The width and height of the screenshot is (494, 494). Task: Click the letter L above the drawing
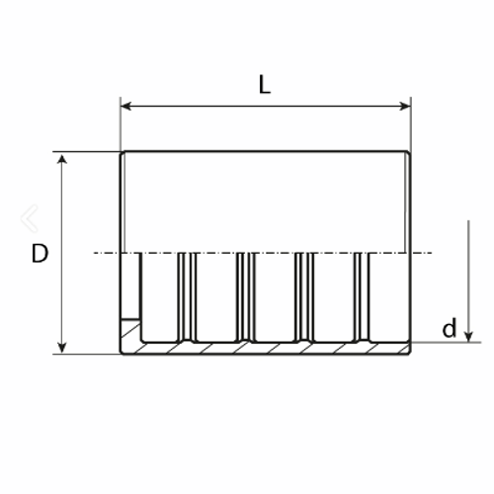click(264, 85)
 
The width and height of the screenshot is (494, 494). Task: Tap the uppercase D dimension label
click(39, 254)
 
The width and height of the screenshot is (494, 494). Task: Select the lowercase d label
click(450, 329)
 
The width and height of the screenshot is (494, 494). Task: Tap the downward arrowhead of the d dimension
click(469, 335)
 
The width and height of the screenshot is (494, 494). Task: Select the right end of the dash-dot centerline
click(434, 254)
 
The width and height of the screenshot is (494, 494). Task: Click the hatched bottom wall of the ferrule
click(267, 349)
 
